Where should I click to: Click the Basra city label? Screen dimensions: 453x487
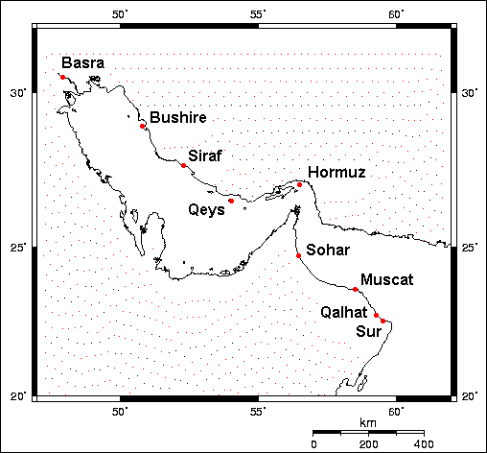tap(83, 63)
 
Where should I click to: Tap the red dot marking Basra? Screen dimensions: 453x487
tap(62, 77)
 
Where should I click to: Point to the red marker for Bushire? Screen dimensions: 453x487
tap(143, 126)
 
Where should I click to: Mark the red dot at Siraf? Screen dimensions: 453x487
tap(183, 165)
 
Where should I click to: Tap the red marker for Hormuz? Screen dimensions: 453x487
tap(300, 184)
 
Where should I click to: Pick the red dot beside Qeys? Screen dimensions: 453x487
tap(231, 201)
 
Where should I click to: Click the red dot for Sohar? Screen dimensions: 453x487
tap(299, 255)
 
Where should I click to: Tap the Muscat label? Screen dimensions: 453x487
tap(386, 279)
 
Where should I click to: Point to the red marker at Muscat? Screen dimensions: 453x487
tap(356, 289)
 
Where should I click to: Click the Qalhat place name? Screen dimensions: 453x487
tap(342, 312)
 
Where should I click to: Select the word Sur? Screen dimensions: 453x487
tap(367, 331)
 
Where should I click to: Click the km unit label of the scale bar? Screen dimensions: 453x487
tap(368, 422)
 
